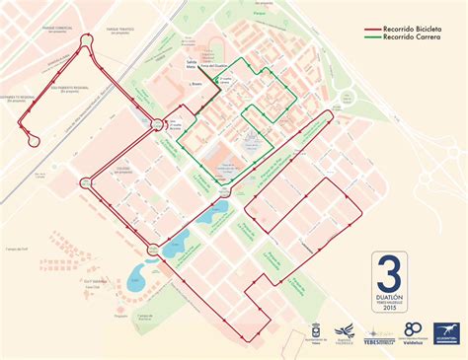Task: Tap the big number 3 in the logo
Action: coord(390,272)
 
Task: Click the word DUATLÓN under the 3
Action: coord(390,296)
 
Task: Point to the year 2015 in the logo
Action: coord(390,310)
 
